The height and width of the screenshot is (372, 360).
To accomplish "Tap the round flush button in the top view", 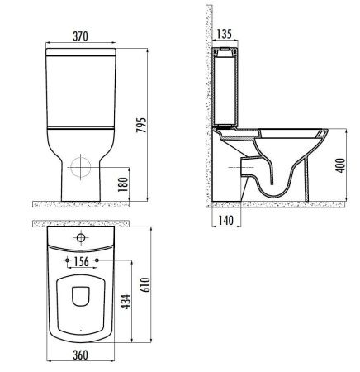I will (x=80, y=238).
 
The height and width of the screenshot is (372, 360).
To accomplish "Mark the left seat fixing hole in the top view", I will (x=64, y=262).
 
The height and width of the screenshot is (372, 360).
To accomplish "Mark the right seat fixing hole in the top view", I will (x=98, y=262).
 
